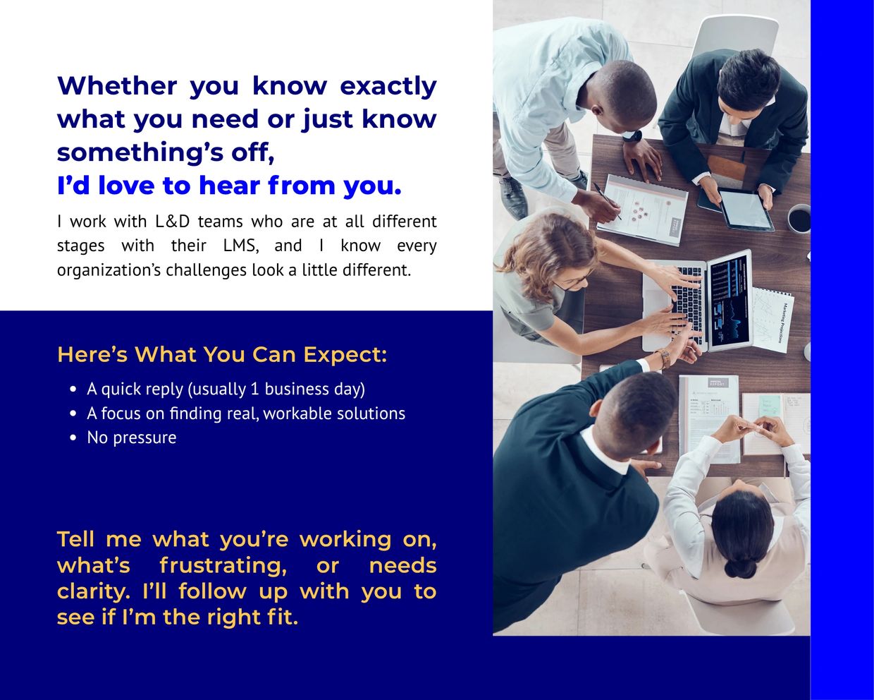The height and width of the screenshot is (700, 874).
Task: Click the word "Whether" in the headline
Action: click(117, 86)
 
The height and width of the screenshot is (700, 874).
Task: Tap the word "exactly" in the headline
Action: click(388, 87)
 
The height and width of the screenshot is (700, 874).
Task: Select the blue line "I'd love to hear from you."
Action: click(229, 186)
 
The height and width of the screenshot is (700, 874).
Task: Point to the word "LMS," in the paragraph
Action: click(241, 246)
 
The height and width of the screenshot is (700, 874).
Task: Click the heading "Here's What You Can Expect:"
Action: click(222, 355)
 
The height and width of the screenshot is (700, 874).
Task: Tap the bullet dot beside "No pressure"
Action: click(73, 438)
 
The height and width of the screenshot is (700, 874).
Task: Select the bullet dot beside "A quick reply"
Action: click(73, 390)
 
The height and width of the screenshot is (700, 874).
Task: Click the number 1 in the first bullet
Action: click(255, 390)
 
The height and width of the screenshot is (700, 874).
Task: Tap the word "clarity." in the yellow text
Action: click(94, 592)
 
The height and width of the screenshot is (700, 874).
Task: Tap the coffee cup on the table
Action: click(799, 219)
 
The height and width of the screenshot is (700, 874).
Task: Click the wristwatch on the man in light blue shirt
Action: click(632, 136)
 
